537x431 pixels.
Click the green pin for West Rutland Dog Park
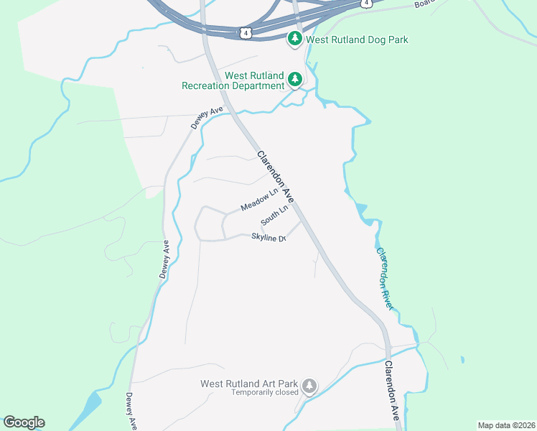[294, 39]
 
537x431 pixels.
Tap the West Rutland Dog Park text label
[357, 40]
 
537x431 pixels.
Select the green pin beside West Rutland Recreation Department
[294, 80]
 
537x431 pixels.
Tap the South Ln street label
[275, 214]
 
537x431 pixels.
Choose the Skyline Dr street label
[269, 237]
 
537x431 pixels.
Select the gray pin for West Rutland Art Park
[309, 386]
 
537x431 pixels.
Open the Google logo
[24, 422]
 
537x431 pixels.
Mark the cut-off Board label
[426, 4]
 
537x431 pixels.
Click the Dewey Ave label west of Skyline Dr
[164, 259]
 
